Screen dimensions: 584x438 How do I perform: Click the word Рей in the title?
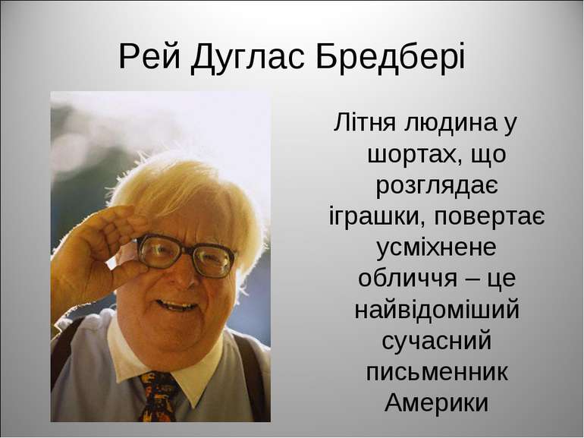tap(149, 57)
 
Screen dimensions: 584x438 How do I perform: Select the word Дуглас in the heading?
tap(247, 58)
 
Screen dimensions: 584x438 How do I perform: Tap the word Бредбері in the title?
tap(390, 56)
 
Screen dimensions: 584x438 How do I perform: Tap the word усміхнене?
tap(436, 247)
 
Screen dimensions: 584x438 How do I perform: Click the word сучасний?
tap(437, 341)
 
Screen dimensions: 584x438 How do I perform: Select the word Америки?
tap(436, 402)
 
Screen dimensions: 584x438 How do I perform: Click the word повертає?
tap(489, 217)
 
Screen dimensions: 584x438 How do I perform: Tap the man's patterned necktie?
tap(159, 396)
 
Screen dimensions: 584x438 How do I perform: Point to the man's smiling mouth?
tap(177, 306)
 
